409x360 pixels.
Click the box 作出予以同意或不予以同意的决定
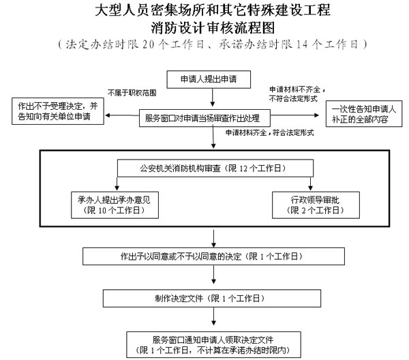(x=212, y=256)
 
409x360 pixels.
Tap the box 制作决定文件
(x=213, y=299)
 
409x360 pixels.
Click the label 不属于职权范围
(x=132, y=92)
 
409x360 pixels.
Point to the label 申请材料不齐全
(x=297, y=89)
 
